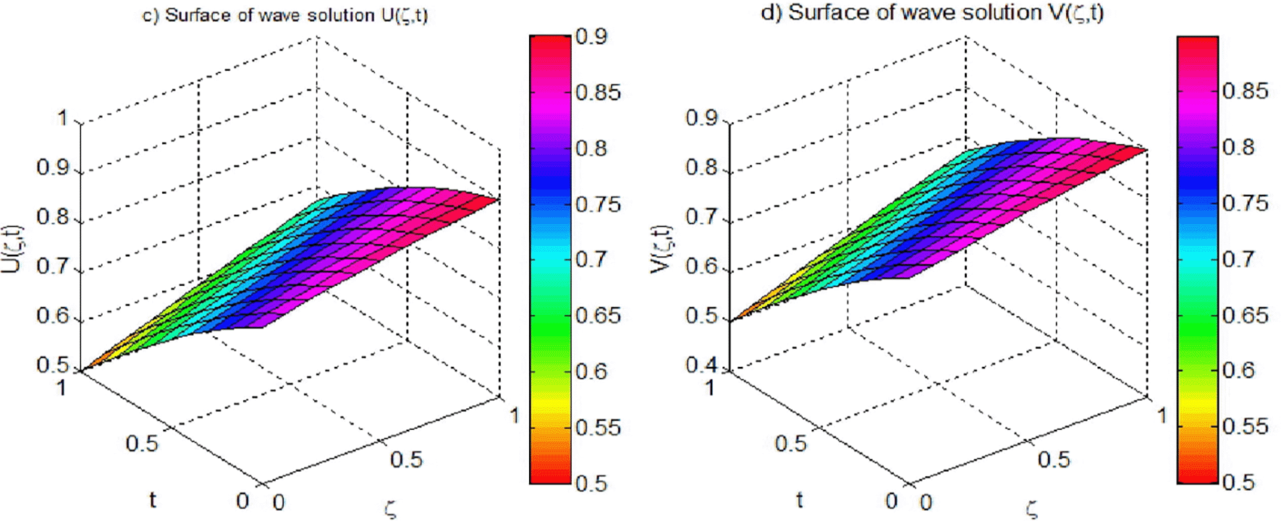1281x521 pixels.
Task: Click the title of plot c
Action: (284, 15)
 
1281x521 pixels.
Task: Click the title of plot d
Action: (932, 12)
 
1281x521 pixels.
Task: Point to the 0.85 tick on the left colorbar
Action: (597, 93)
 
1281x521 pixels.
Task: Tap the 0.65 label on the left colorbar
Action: (597, 315)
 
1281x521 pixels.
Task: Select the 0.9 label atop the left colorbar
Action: (591, 36)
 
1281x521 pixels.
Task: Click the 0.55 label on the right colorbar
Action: (1244, 426)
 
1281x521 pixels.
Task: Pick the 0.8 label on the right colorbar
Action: (1238, 147)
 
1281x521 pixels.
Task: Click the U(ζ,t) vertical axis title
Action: (13, 249)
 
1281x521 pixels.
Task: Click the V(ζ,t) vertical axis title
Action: (661, 249)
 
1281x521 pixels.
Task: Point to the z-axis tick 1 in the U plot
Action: (62, 118)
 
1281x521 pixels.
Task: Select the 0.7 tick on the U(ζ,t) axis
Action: (51, 266)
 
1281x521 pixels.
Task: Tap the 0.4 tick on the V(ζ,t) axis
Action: (701, 365)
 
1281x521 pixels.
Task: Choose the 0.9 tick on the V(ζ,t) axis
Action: (701, 118)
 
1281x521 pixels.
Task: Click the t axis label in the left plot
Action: (153, 499)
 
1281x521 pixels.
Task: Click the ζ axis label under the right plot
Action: (1032, 509)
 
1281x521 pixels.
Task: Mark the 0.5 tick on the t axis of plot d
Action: (790, 443)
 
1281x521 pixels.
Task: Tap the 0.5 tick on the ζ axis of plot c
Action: (406, 459)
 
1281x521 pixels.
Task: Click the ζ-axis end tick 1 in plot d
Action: (1162, 415)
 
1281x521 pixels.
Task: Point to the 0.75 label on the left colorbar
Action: (597, 204)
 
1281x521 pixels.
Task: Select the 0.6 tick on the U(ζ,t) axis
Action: (51, 316)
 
